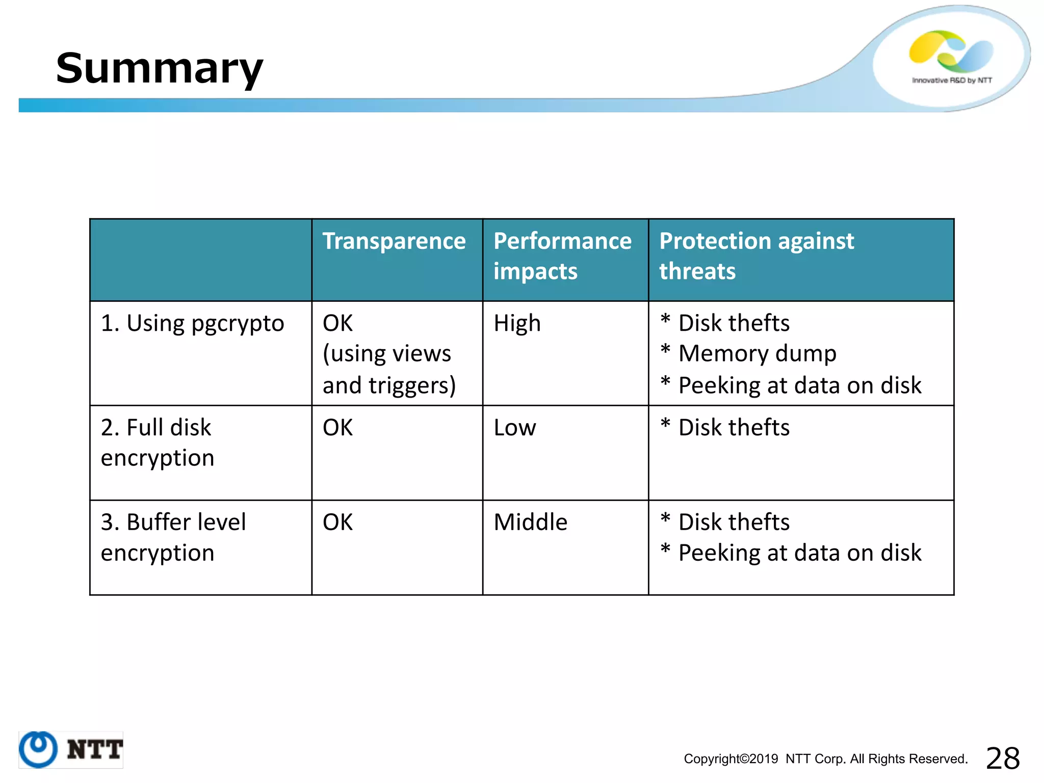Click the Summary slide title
pyautogui.click(x=159, y=68)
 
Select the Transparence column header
pyautogui.click(x=394, y=241)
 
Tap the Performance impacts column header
pyautogui.click(x=562, y=256)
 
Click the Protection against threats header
pyautogui.click(x=756, y=256)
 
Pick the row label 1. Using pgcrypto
pyautogui.click(x=192, y=324)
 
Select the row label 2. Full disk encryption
pyautogui.click(x=157, y=442)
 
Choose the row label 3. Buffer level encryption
pyautogui.click(x=173, y=537)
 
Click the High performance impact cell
pyautogui.click(x=517, y=324)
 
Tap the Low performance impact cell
pyautogui.click(x=514, y=428)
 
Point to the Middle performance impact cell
pyautogui.click(x=530, y=523)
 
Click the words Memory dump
pyautogui.click(x=757, y=354)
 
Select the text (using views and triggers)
pyautogui.click(x=388, y=370)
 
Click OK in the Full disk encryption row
pyautogui.click(x=337, y=428)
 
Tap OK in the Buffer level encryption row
pyautogui.click(x=337, y=523)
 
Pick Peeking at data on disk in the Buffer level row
pyautogui.click(x=799, y=553)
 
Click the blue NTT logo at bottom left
pyautogui.click(x=71, y=750)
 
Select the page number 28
pyautogui.click(x=1002, y=758)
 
